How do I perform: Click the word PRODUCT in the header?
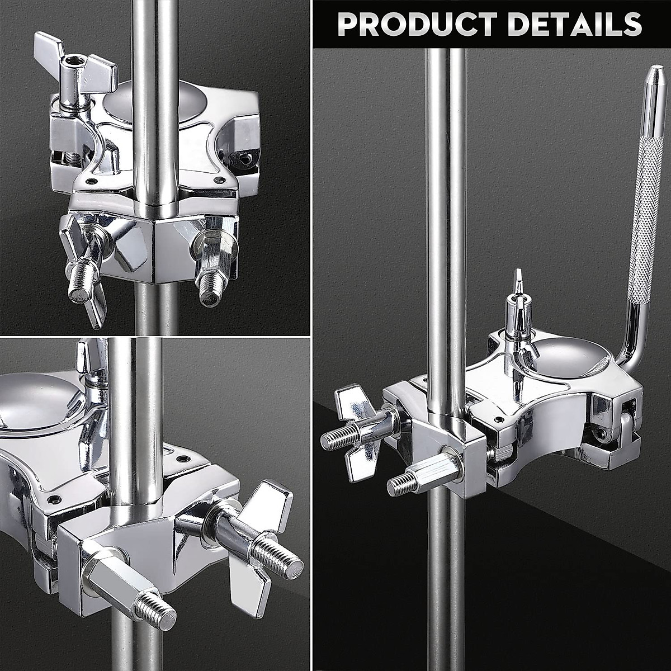pos(417,23)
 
